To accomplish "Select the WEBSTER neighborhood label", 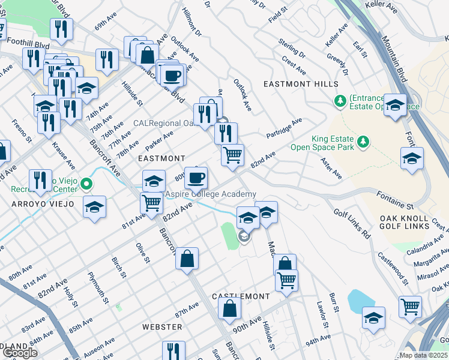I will pos(162,327).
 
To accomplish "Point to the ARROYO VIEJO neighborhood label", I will pos(41,204).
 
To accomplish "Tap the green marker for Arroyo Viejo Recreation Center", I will pos(86,184).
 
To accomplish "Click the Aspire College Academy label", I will pos(211,194).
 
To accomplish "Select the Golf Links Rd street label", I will pos(352,224).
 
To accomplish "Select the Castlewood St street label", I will pos(393,268).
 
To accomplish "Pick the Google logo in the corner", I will pos(20,353).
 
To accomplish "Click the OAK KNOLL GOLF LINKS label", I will pos(404,222).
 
